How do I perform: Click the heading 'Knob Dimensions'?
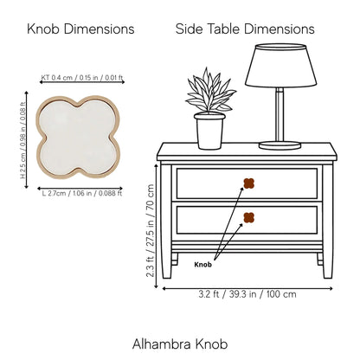click(80, 29)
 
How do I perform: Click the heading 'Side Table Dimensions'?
click(245, 29)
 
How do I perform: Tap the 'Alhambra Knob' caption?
click(180, 344)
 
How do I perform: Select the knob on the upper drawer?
click(249, 183)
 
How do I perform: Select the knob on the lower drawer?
click(249, 217)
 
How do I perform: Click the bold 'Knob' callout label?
click(202, 265)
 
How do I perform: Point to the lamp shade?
click(280, 66)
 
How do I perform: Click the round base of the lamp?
click(280, 145)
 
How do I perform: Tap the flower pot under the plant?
click(209, 131)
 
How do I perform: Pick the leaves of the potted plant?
click(211, 90)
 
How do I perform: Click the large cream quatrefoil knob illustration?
click(78, 137)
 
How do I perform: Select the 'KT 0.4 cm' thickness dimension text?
click(82, 78)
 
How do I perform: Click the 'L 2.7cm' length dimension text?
click(82, 193)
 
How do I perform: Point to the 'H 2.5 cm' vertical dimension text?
click(22, 140)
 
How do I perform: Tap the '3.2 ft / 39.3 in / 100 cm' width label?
click(247, 294)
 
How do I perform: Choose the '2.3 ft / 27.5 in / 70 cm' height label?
click(151, 231)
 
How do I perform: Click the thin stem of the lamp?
click(280, 114)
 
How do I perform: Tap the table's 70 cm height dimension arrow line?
click(157, 226)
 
